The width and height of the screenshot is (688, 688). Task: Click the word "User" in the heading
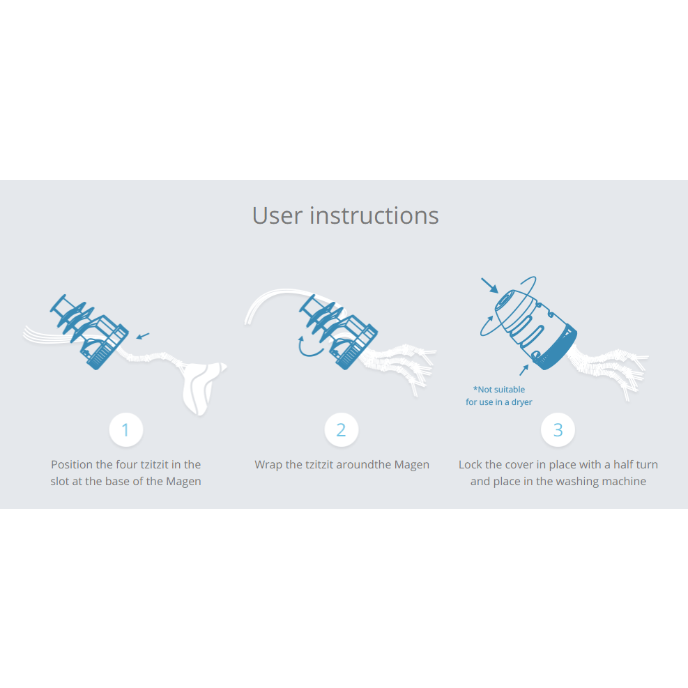(x=277, y=216)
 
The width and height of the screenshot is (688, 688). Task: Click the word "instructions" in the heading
(x=374, y=215)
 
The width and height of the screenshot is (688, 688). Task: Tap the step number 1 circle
(x=126, y=429)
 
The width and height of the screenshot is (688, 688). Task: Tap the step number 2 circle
(x=342, y=429)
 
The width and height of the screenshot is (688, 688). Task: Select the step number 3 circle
(x=558, y=429)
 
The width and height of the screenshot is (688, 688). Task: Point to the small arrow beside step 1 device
(x=143, y=336)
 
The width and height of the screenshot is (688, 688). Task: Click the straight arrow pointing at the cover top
(x=489, y=285)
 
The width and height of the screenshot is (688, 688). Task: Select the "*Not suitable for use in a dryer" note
(x=499, y=396)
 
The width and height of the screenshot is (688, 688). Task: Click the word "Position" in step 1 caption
(x=72, y=465)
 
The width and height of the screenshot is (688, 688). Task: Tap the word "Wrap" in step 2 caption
(x=268, y=465)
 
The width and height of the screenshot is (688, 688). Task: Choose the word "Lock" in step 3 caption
(x=470, y=465)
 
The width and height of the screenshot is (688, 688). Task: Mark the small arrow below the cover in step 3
(x=524, y=370)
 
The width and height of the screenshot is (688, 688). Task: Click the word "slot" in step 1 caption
(x=60, y=482)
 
